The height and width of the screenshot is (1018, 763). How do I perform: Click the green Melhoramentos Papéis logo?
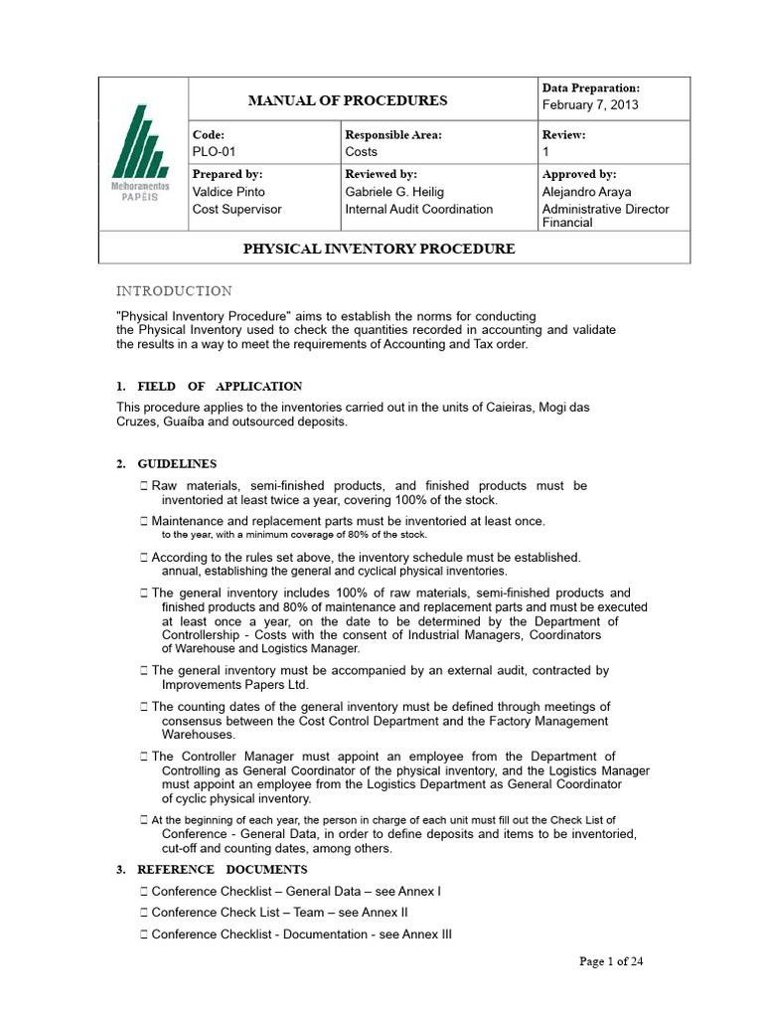click(142, 155)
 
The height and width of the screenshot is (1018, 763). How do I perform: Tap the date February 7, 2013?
click(590, 105)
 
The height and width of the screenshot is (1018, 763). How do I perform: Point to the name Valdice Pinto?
click(229, 192)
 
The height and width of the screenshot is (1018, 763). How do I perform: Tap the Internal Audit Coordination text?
click(418, 210)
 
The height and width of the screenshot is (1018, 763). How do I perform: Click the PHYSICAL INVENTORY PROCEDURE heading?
click(380, 249)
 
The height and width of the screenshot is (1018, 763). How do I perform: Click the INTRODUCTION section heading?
click(175, 291)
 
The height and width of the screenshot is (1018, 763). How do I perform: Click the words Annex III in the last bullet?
click(429, 933)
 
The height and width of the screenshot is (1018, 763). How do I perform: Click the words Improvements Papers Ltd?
click(235, 685)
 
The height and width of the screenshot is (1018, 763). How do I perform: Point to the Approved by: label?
click(579, 174)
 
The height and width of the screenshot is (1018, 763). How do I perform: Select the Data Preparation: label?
click(590, 88)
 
